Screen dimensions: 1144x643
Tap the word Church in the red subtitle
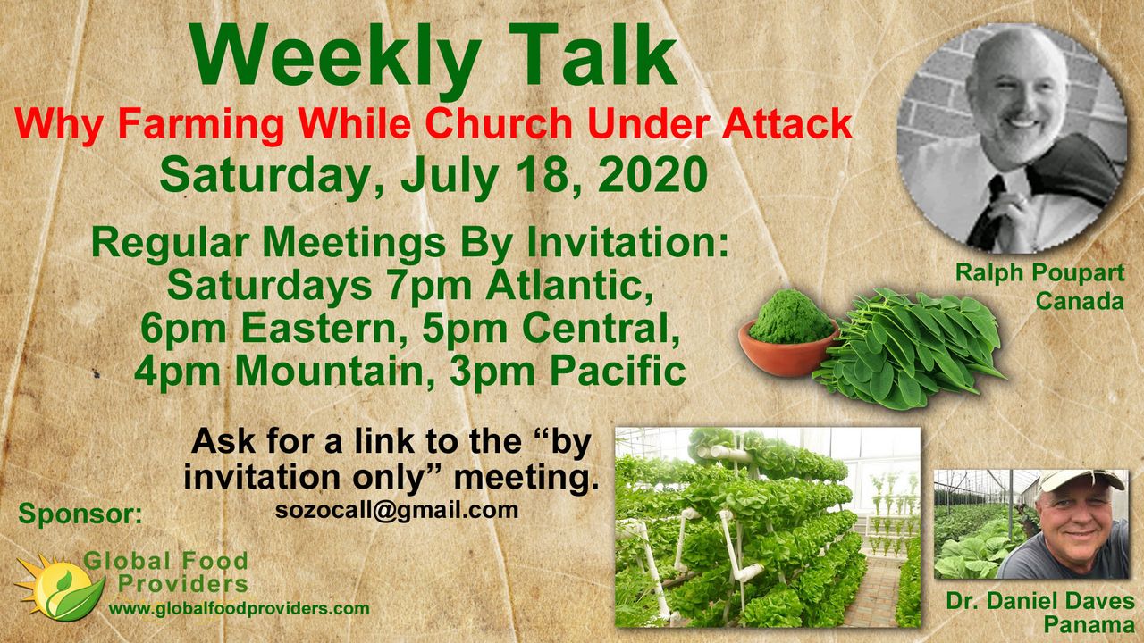pyautogui.click(x=499, y=124)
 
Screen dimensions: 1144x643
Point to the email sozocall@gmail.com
pyautogui.click(x=397, y=510)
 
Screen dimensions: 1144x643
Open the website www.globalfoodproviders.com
pyautogui.click(x=239, y=609)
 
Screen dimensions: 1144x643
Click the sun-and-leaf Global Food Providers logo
pyautogui.click(x=59, y=587)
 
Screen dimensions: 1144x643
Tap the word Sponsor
pyautogui.click(x=80, y=514)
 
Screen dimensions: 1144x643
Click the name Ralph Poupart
pyautogui.click(x=1039, y=273)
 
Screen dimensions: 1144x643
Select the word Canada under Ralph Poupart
pyautogui.click(x=1080, y=301)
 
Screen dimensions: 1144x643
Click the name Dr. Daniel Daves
pyautogui.click(x=1039, y=602)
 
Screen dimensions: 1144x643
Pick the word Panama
pyautogui.click(x=1089, y=624)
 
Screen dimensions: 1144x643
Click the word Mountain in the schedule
pyautogui.click(x=329, y=372)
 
